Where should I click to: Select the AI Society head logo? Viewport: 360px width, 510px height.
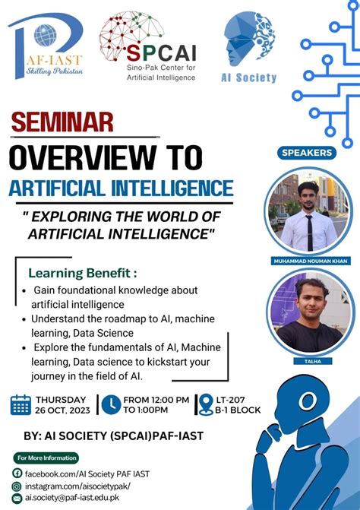[x=249, y=40]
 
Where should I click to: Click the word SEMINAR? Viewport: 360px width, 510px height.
[x=62, y=122]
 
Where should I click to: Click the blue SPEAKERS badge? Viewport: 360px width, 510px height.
[x=307, y=153]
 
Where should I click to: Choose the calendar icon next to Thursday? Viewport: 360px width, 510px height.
[x=21, y=404]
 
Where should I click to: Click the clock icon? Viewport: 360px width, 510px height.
[x=111, y=405]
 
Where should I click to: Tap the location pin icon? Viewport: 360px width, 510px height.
[x=204, y=404]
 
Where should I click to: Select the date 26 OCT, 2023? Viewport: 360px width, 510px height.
[x=62, y=410]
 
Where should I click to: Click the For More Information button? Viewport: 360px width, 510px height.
[x=46, y=458]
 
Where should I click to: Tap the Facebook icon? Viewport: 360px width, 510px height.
[x=17, y=473]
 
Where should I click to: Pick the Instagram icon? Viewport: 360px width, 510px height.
[x=17, y=485]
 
